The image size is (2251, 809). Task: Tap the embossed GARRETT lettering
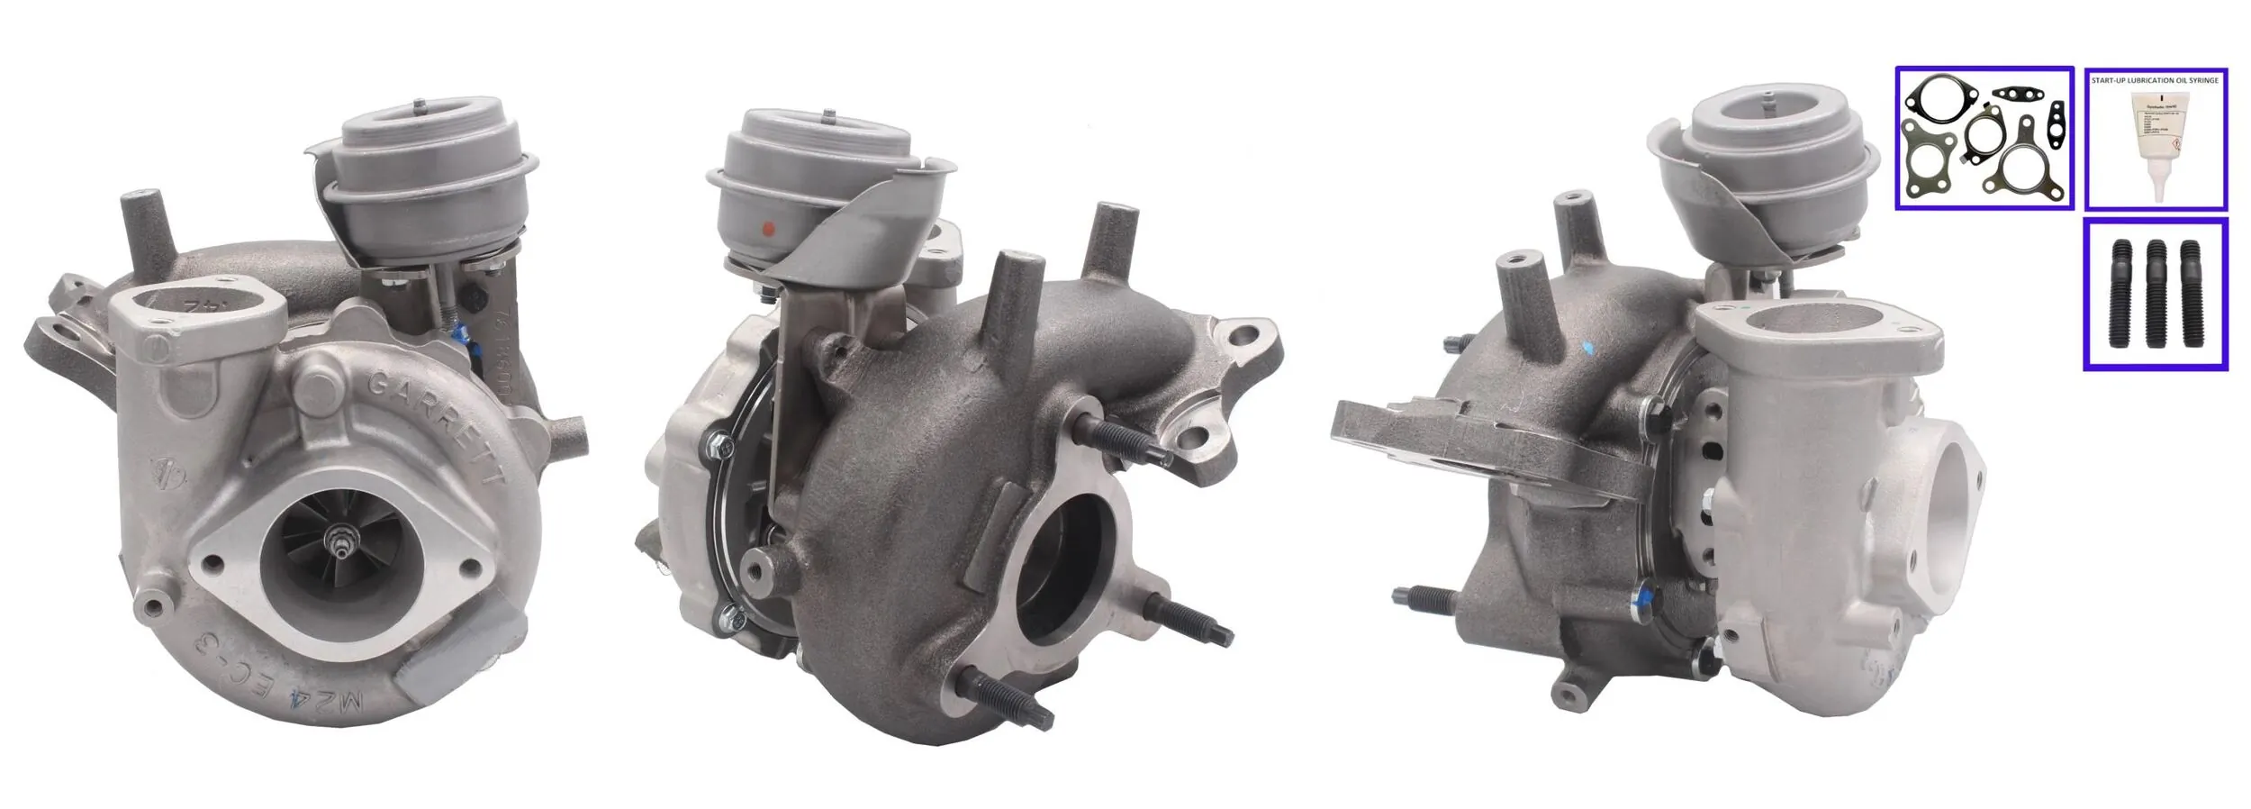click(434, 423)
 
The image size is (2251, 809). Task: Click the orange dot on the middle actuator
click(768, 226)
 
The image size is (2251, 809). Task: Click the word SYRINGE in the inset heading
click(2200, 81)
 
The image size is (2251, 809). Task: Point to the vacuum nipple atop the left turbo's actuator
click(420, 104)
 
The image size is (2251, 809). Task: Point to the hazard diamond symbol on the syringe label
click(2176, 144)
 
